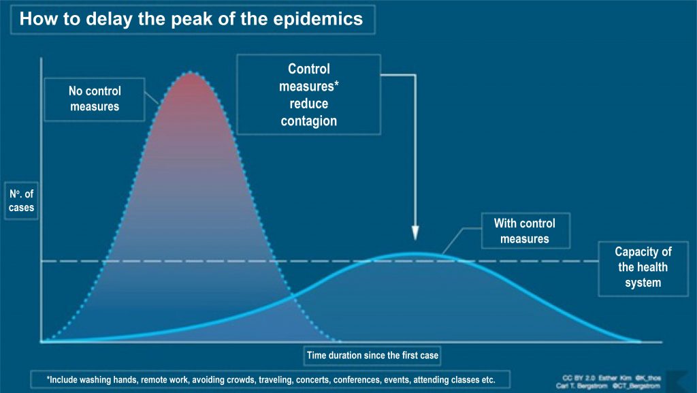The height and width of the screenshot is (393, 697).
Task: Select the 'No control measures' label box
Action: (94, 99)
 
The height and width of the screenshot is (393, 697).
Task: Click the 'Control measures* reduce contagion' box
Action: (308, 95)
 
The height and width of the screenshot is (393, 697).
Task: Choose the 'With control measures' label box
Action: (524, 231)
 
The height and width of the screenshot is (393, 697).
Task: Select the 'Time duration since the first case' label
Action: (372, 355)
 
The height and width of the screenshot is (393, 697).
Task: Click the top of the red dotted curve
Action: (192, 72)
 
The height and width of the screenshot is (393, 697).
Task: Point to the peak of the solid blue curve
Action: (414, 254)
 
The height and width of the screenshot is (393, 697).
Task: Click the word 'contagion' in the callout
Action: (308, 121)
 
